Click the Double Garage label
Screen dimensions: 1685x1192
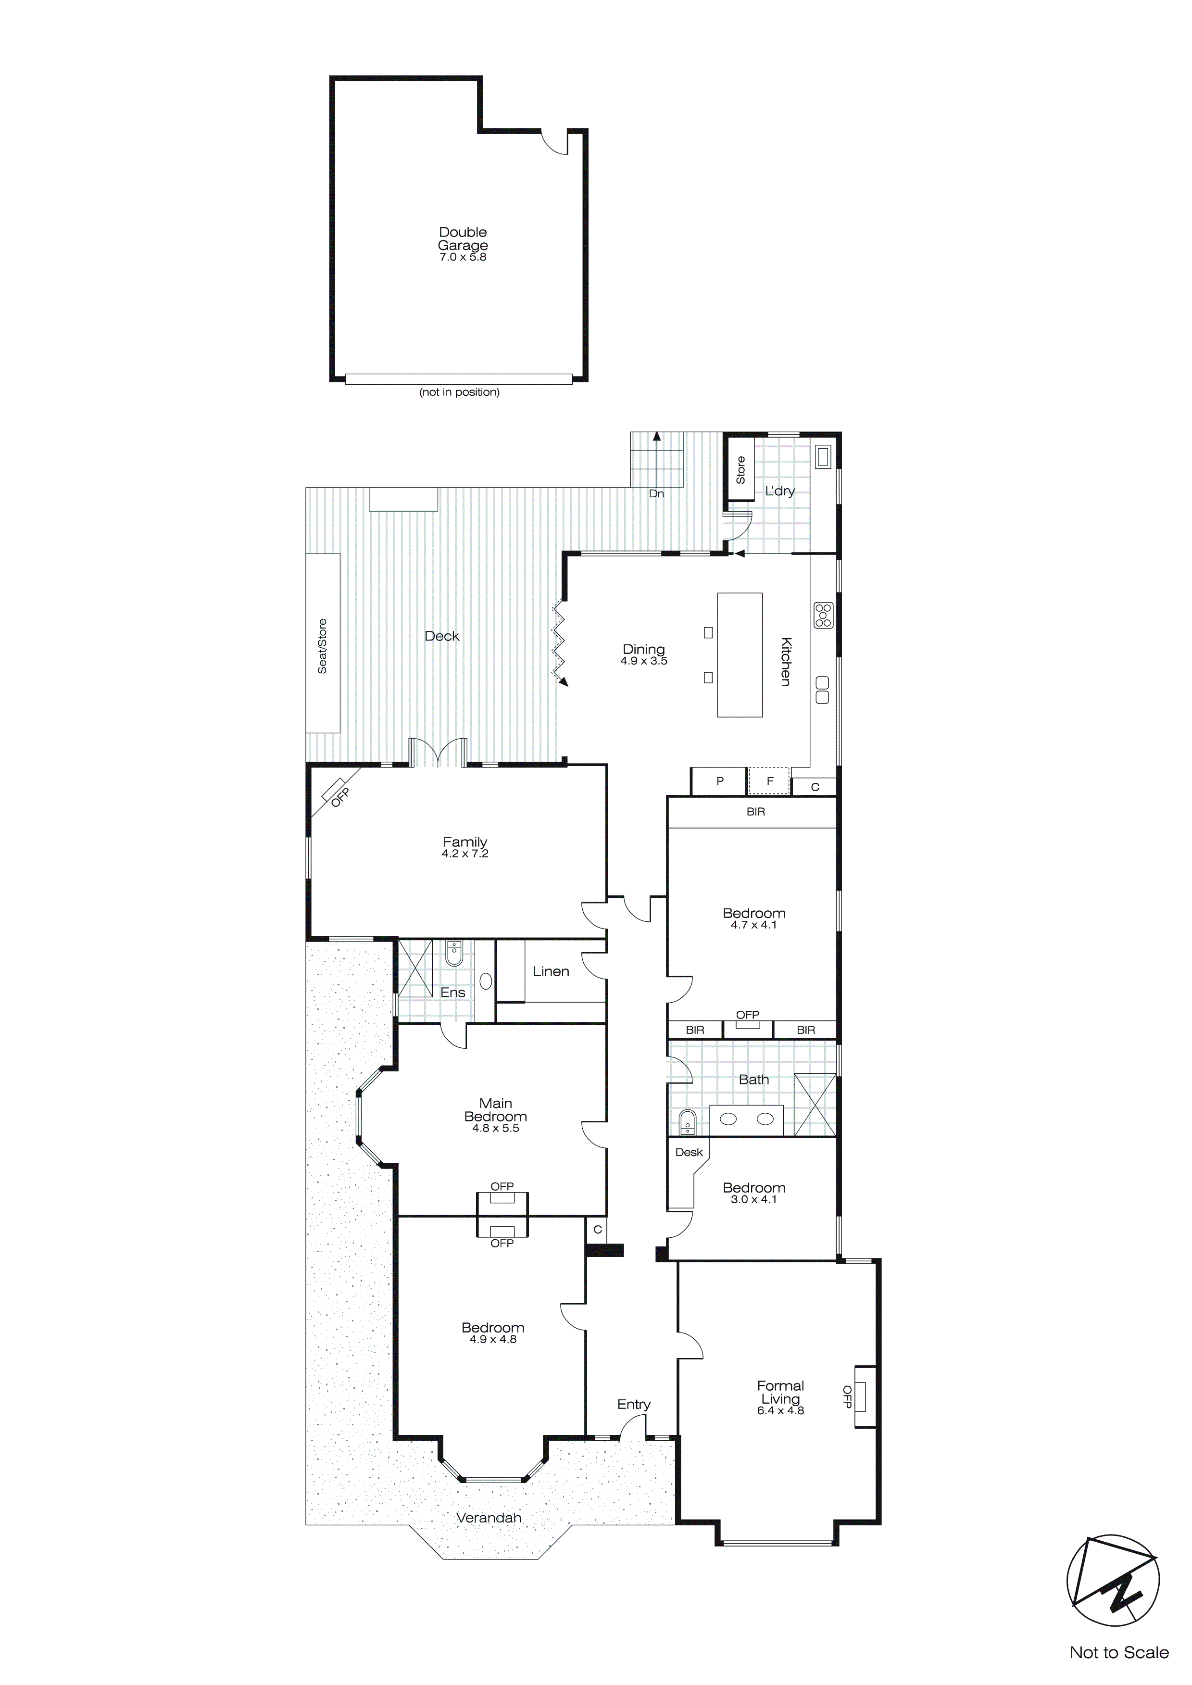point(463,239)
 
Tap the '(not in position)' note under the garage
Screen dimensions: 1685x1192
point(460,392)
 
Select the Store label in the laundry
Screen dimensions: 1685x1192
point(740,470)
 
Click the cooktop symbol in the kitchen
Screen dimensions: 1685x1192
point(823,615)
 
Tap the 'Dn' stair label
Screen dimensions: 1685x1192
point(656,493)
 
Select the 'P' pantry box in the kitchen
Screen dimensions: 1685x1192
point(719,781)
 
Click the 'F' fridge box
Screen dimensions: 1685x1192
point(769,781)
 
